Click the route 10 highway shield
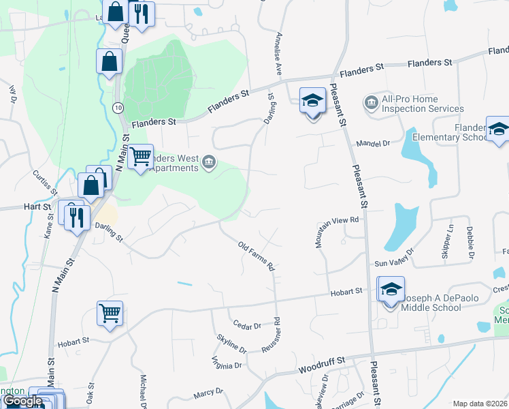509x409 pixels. coord(118,108)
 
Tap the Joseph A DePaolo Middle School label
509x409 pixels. coord(432,303)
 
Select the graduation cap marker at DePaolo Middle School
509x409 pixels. coord(391,290)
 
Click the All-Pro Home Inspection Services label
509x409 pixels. coord(423,104)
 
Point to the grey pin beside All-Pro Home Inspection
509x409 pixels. coord(371,103)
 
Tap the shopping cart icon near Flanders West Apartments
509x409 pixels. coord(141,157)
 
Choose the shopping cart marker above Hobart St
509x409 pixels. coord(110,314)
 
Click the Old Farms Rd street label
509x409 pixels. coord(257,255)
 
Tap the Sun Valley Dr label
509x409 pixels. coord(394,262)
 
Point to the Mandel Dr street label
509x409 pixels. coord(373,144)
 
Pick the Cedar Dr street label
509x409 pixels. coord(247,326)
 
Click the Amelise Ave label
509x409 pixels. coord(278,54)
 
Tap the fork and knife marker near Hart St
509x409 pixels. coord(76,217)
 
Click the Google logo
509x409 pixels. coord(22,402)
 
